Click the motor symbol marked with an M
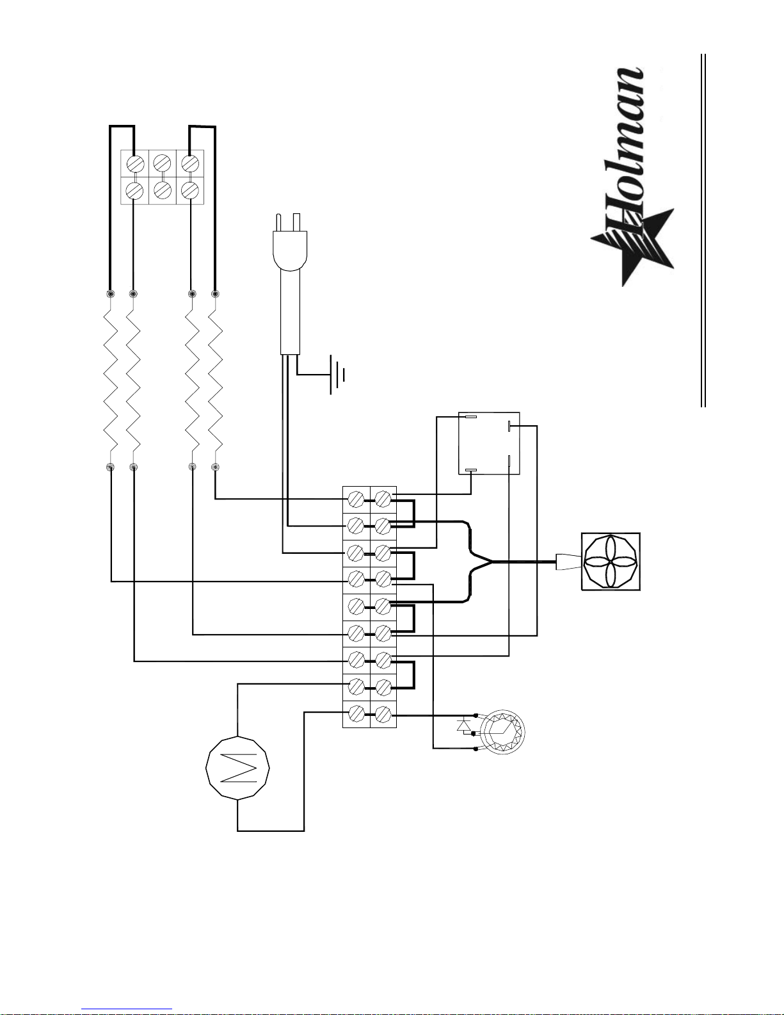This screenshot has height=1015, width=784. pos(237,767)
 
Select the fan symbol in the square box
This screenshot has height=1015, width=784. pos(611,562)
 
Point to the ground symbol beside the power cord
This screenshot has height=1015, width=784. pos(337,375)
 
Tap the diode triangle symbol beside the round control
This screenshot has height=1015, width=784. pos(463,726)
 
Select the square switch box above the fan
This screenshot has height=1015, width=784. pos(489,443)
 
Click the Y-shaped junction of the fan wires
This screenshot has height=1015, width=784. pos(490,562)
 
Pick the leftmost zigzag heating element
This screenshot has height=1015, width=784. pos(110,380)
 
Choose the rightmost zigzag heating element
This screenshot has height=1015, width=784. pos(215,380)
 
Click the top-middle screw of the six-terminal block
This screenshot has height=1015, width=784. pos(162,163)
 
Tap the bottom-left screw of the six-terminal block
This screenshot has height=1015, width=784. pos(135,190)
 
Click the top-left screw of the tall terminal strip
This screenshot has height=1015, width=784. pos(356,499)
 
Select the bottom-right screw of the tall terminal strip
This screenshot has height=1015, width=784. pos(383,715)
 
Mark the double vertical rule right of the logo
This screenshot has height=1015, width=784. pos(703,231)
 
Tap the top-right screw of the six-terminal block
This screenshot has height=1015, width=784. pos(190,163)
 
